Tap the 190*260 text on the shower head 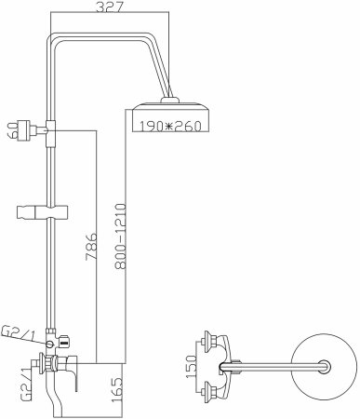[170, 126]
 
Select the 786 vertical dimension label [91, 246]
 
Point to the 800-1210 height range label [120, 236]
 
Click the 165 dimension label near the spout [117, 390]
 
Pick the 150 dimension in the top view [192, 367]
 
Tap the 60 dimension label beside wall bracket [12, 130]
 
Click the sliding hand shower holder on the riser [42, 212]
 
